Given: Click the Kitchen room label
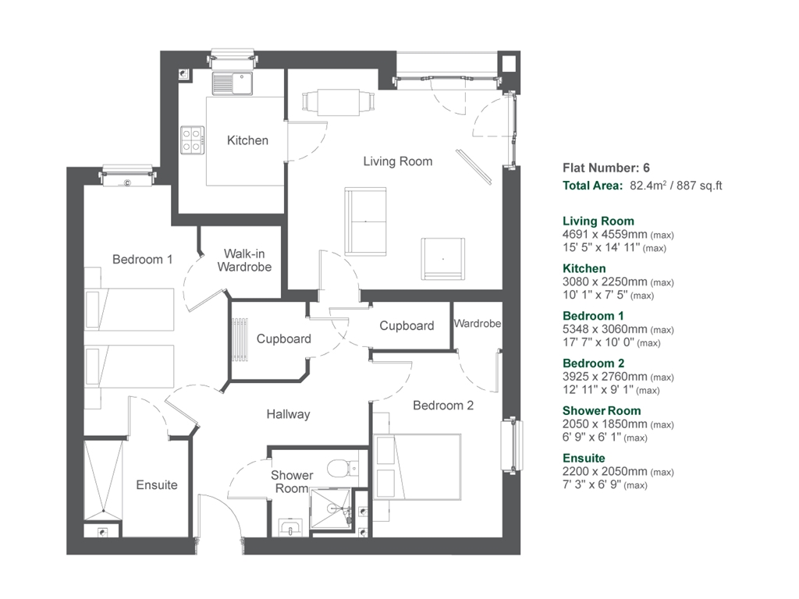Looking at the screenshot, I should pyautogui.click(x=247, y=140).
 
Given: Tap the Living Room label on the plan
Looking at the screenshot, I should pyautogui.click(x=397, y=161).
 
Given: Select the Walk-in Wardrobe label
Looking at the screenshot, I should pyautogui.click(x=247, y=261).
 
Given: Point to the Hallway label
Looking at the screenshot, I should pyautogui.click(x=288, y=414).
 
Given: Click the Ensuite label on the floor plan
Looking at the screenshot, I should pyautogui.click(x=157, y=484).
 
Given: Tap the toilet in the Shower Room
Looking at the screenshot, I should pyautogui.click(x=338, y=468).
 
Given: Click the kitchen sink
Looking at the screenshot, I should pyautogui.click(x=232, y=81).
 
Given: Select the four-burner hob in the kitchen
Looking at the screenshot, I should pyautogui.click(x=192, y=140).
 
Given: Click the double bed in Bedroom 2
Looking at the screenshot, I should pyautogui.click(x=417, y=466).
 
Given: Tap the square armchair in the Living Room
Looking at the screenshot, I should pyautogui.click(x=442, y=259).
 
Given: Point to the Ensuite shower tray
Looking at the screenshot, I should pyautogui.click(x=102, y=480).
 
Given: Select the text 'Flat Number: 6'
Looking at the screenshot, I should pyautogui.click(x=605, y=168).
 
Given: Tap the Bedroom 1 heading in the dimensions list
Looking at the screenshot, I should pyautogui.click(x=593, y=316).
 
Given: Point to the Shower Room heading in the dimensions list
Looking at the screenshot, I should pyautogui.click(x=602, y=411).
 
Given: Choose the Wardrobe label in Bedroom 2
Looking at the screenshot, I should pyautogui.click(x=477, y=323).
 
